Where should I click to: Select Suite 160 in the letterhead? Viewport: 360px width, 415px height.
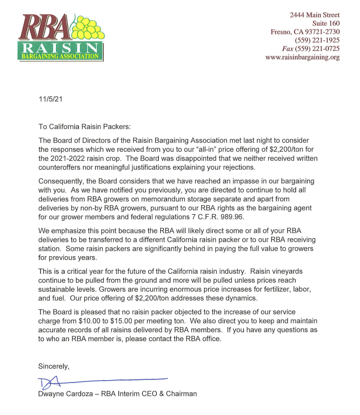click(x=326, y=23)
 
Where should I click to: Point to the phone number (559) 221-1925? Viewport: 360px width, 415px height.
click(x=318, y=40)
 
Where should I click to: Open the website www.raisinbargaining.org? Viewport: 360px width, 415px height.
click(x=303, y=57)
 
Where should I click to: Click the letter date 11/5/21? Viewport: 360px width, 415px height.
click(x=49, y=99)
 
